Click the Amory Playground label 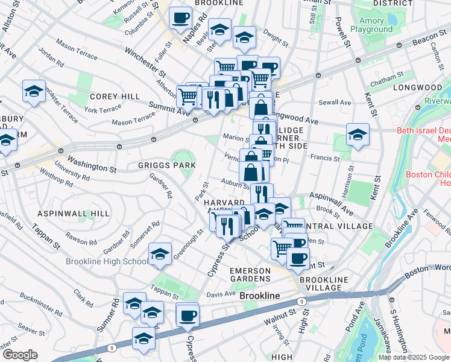pyautogui.click(x=371, y=25)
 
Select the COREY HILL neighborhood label pyautogui.click(x=115, y=97)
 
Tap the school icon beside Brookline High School pyautogui.click(x=160, y=255)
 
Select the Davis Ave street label pyautogui.click(x=221, y=294)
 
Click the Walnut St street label pyautogui.click(x=277, y=315)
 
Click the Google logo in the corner pyautogui.click(x=20, y=355)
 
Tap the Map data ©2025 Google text pyautogui.click(x=414, y=357)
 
